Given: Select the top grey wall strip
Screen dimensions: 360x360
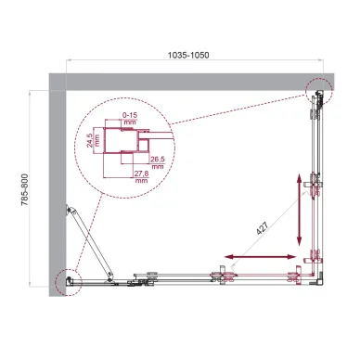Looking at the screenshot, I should [186, 82].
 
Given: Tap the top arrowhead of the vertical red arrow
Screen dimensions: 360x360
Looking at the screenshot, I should [301, 173].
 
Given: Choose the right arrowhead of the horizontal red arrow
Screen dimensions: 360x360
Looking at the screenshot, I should [297, 255].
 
